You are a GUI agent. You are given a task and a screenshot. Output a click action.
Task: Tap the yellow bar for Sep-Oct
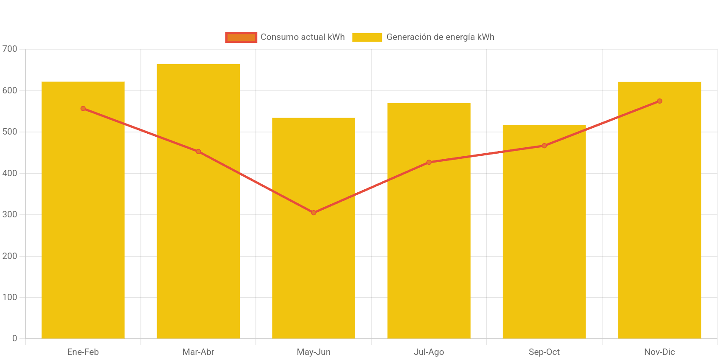(x=544, y=255)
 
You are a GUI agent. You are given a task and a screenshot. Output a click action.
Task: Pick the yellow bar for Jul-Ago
(x=429, y=255)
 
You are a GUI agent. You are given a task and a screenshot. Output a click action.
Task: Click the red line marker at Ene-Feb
(x=83, y=109)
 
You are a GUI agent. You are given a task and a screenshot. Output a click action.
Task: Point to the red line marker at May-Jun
(x=314, y=213)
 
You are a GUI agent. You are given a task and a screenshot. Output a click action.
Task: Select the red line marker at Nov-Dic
(x=659, y=101)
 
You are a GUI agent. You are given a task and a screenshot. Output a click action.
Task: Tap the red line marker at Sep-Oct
(x=544, y=146)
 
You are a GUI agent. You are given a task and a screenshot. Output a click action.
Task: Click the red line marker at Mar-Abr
(x=198, y=152)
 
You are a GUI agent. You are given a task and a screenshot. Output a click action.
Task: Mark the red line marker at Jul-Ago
(x=429, y=162)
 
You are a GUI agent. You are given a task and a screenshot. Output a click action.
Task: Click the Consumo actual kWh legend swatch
(x=241, y=37)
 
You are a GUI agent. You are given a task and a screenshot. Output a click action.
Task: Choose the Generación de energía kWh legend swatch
(x=367, y=37)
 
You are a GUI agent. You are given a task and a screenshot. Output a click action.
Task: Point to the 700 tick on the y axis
(x=10, y=49)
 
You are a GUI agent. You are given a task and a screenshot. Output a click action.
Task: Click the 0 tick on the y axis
(x=15, y=338)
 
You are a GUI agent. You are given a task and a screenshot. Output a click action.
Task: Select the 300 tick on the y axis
(x=10, y=214)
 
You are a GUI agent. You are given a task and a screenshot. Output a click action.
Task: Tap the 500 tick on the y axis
(x=10, y=132)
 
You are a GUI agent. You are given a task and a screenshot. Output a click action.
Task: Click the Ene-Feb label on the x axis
(x=83, y=352)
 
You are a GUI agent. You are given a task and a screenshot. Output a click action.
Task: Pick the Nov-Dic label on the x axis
(x=659, y=352)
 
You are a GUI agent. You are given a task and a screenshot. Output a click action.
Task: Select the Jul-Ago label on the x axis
(x=429, y=352)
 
